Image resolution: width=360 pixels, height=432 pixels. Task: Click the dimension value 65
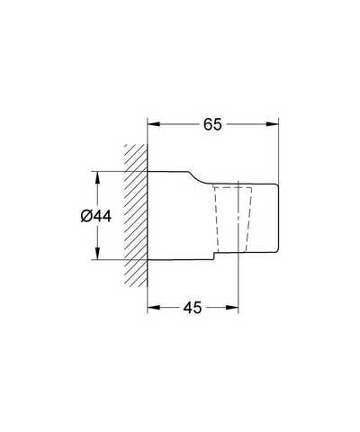(212, 124)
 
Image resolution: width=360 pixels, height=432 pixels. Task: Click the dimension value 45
(193, 307)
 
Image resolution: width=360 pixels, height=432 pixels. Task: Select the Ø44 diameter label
(96, 216)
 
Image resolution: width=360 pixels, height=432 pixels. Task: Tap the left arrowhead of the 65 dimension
(154, 124)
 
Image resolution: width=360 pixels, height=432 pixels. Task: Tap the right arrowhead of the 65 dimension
(273, 124)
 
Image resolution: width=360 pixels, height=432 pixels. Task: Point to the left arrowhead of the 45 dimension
(154, 307)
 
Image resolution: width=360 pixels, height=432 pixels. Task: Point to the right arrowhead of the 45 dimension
(232, 307)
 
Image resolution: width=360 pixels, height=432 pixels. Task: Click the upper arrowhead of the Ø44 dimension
(97, 177)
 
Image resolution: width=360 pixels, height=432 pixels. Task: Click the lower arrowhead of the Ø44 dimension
(97, 253)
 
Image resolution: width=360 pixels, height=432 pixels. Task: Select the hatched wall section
(136, 215)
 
